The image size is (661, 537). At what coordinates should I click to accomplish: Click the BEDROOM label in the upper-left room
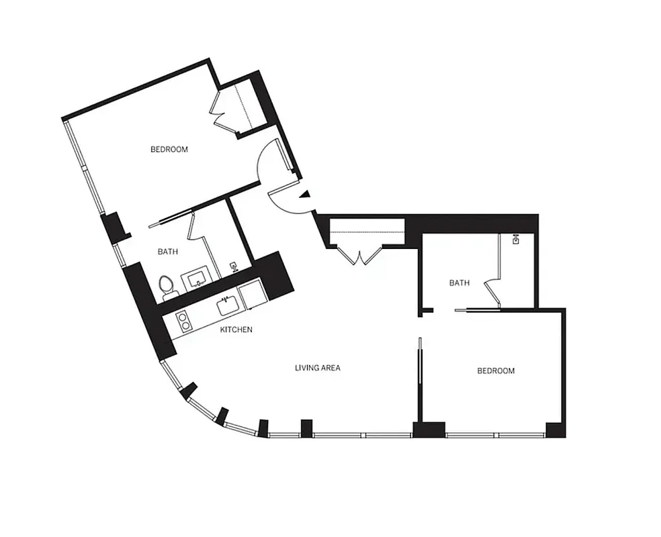pyautogui.click(x=169, y=149)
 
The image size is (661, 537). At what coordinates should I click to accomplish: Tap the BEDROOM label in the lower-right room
pyautogui.click(x=496, y=371)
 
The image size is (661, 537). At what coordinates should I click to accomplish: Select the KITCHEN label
pyautogui.click(x=236, y=330)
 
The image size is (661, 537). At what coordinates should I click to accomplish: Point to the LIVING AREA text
pyautogui.click(x=318, y=367)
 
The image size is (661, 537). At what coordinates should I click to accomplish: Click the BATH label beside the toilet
pyautogui.click(x=168, y=252)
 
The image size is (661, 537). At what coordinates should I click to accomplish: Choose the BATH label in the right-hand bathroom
pyautogui.click(x=459, y=283)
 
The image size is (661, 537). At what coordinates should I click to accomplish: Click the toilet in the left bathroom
pyautogui.click(x=167, y=285)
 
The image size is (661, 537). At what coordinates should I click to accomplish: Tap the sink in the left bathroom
pyautogui.click(x=196, y=279)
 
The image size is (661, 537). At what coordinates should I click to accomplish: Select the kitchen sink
pyautogui.click(x=226, y=306)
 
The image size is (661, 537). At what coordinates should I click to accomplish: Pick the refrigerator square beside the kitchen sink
pyautogui.click(x=252, y=295)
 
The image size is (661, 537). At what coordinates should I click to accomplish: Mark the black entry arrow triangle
pyautogui.click(x=305, y=195)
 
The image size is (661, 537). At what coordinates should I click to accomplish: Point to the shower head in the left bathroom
pyautogui.click(x=233, y=266)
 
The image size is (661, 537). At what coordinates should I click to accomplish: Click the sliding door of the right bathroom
pyautogui.click(x=477, y=309)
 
